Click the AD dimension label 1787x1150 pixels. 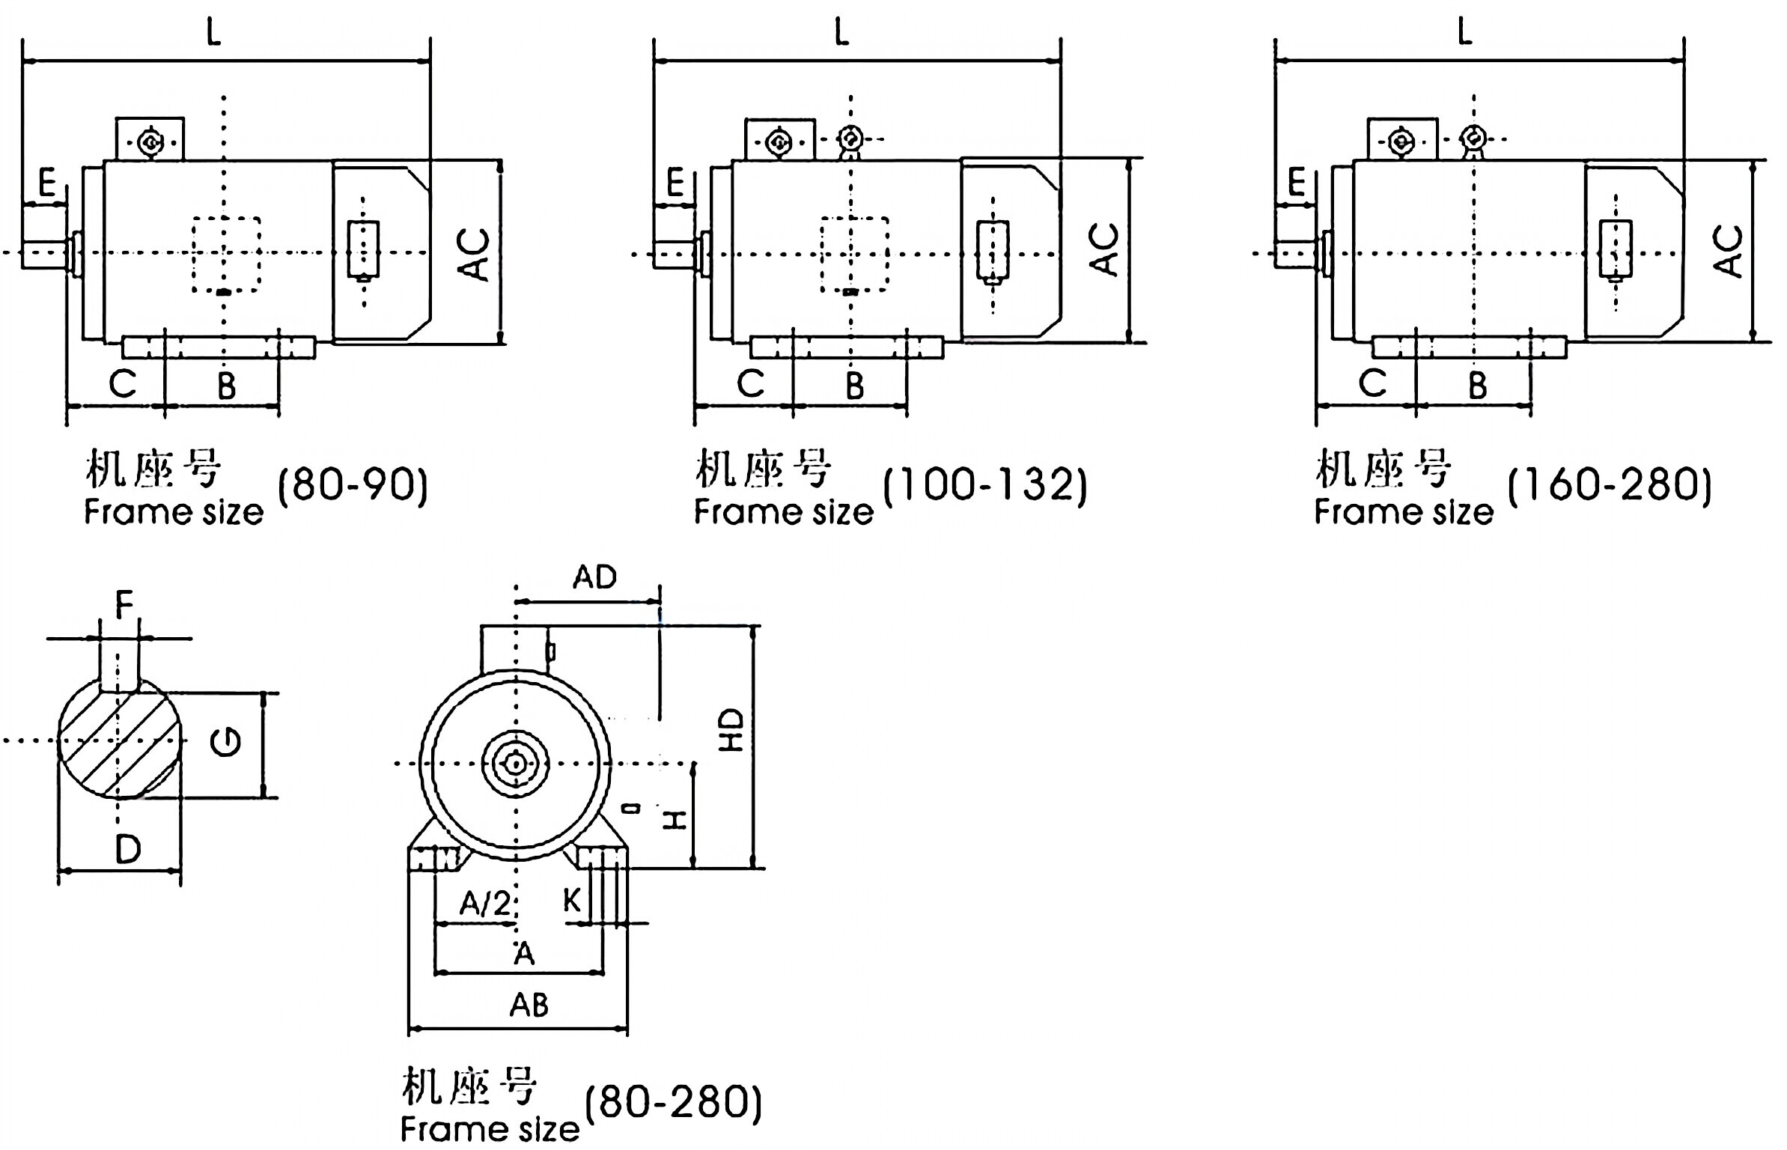595,577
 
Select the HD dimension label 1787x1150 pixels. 731,730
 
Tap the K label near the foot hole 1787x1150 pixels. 571,901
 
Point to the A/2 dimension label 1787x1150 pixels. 484,904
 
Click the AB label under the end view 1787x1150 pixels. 529,1005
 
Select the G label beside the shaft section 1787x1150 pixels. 225,742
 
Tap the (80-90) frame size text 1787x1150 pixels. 353,484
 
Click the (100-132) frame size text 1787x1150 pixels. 984,484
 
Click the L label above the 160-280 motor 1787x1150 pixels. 1465,31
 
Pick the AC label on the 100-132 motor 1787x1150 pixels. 1103,249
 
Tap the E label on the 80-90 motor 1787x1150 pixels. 47,183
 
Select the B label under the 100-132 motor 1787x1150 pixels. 854,386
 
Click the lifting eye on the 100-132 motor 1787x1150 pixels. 850,139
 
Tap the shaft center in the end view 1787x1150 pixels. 515,764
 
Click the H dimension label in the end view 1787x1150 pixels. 676,820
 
